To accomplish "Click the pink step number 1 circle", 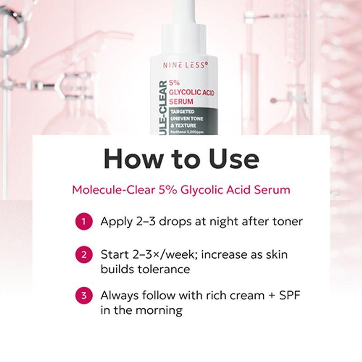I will [x=84, y=222].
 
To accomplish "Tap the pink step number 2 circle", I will [x=84, y=254].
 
